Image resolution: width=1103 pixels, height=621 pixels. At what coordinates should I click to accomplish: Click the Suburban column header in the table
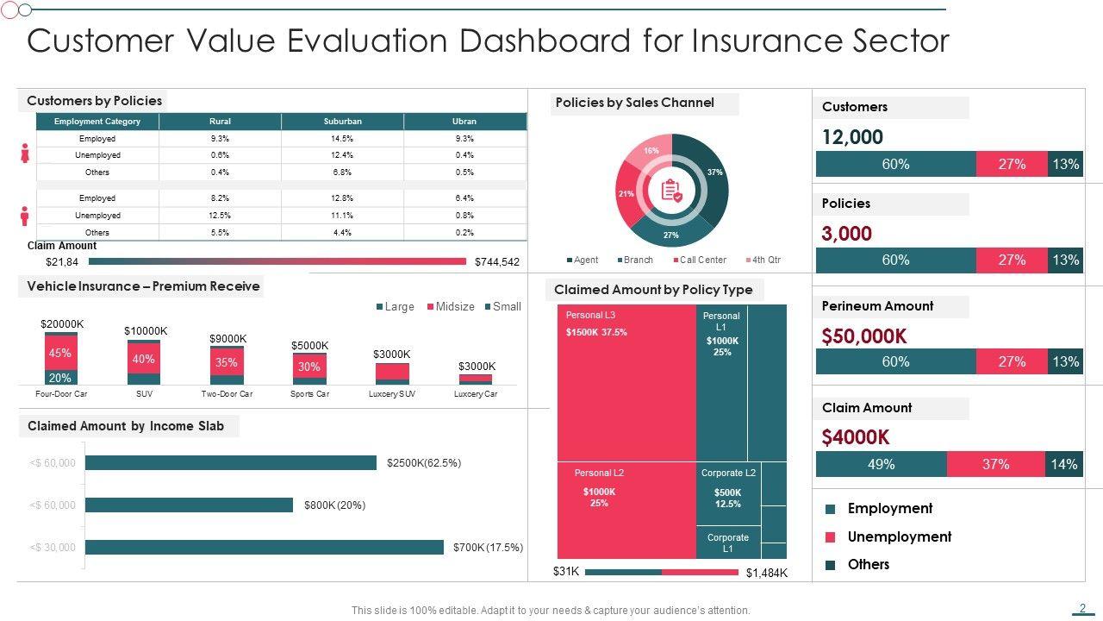[342, 122]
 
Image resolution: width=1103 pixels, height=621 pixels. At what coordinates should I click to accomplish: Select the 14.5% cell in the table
[342, 139]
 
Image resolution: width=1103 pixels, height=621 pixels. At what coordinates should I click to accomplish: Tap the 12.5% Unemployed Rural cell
[220, 216]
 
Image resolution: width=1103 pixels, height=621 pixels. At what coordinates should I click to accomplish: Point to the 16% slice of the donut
[650, 151]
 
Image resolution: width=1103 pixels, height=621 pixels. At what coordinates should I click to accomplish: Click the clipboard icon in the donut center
[671, 191]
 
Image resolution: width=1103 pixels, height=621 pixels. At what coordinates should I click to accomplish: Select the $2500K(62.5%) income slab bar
[231, 463]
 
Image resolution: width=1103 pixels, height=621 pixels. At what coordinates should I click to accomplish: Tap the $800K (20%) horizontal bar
[189, 505]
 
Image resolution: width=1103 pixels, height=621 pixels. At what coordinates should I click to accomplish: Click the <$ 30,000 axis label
[53, 548]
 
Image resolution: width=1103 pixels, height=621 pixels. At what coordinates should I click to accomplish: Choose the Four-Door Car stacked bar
[61, 359]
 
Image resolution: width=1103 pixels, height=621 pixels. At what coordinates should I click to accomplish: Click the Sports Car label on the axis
[309, 394]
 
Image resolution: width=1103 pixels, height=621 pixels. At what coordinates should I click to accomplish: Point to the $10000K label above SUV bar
[146, 331]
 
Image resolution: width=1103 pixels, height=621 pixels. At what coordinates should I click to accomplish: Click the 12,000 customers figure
[852, 137]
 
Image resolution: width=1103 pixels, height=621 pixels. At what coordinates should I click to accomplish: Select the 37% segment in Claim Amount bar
[995, 464]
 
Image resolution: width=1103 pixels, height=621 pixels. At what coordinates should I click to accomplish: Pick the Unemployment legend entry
[899, 536]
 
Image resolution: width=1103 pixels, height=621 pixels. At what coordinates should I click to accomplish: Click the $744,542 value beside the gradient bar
[497, 262]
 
